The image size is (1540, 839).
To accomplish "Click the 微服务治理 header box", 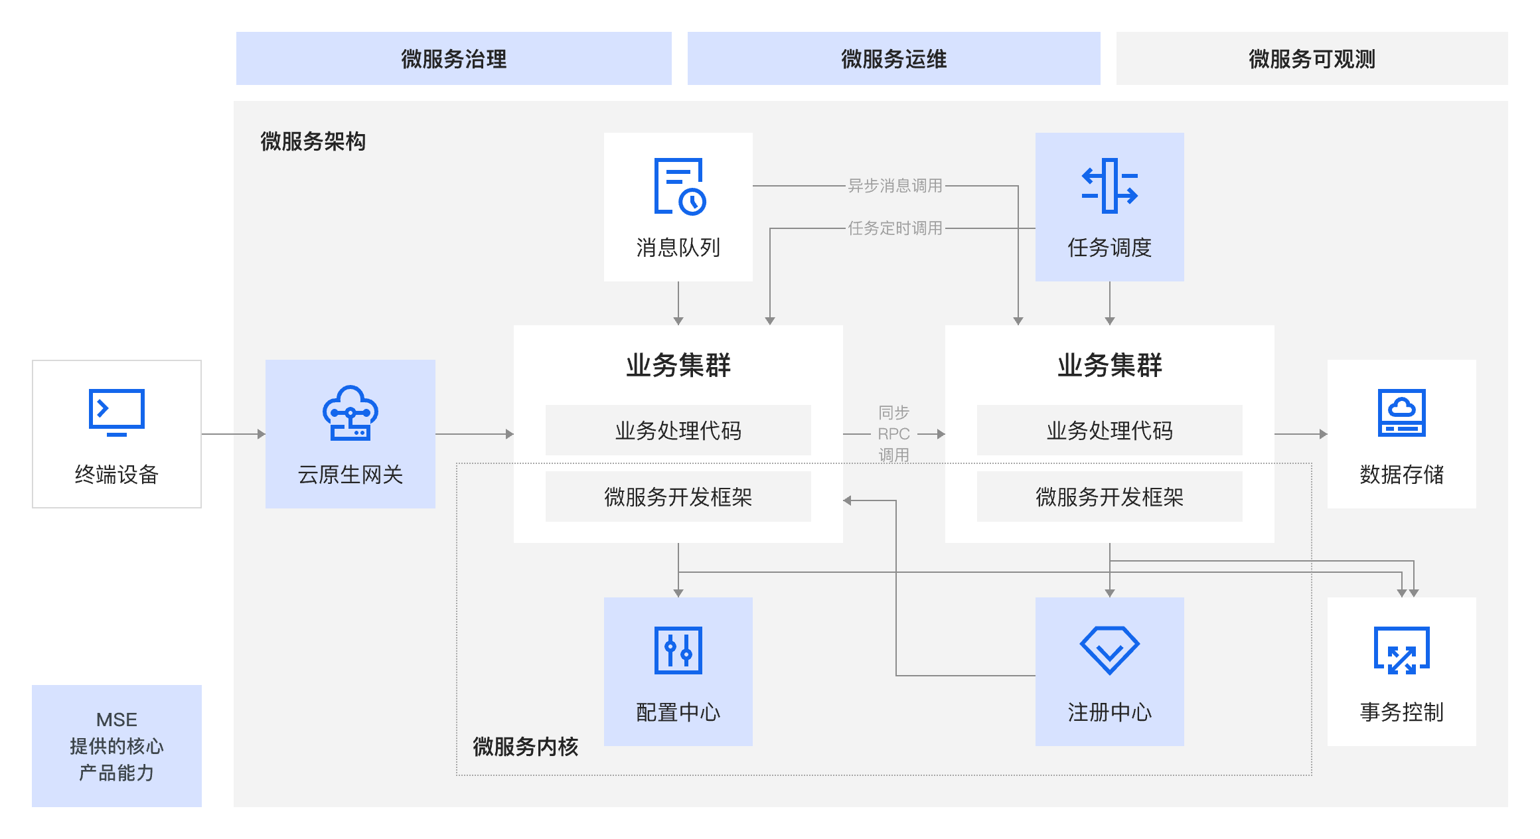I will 453,58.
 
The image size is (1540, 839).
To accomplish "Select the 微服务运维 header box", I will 893,58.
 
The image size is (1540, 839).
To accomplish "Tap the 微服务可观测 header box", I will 1312,58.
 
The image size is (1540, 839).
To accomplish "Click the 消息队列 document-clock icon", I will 679,187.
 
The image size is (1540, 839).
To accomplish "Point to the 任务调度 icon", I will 1109,186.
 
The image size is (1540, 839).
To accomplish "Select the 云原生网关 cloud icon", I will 350,413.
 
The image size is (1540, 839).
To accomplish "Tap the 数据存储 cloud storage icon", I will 1401,412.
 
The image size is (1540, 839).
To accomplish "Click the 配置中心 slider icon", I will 678,650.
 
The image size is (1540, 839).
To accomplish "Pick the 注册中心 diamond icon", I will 1109,650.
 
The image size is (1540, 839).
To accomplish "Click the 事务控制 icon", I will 1401,650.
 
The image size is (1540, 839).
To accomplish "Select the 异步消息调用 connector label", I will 895,186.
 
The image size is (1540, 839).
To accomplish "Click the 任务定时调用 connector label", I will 895,228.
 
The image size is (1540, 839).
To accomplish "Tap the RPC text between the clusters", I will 893,434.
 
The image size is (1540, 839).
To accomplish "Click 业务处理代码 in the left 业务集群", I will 678,430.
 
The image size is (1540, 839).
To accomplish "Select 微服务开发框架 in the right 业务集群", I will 1109,496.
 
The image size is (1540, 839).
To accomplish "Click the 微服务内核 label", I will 525,747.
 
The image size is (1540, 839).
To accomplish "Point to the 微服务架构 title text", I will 313,141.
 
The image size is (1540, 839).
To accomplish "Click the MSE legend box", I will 117,746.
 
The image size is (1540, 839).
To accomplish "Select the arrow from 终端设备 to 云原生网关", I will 233,434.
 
